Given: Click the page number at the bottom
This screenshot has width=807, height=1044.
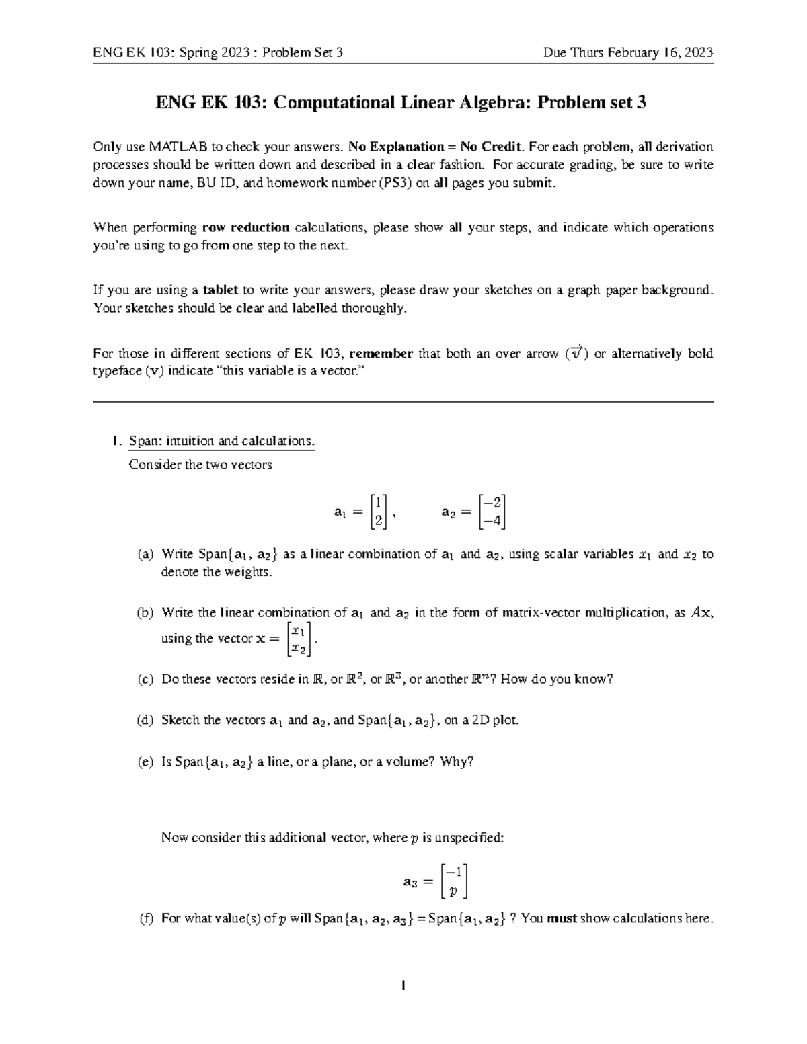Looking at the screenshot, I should click(x=403, y=986).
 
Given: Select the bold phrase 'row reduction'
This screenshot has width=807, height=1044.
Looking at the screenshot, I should click(x=246, y=227).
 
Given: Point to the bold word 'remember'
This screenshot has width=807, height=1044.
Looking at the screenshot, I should click(x=381, y=354).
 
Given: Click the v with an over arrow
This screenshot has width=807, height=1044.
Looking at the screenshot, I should click(x=576, y=353).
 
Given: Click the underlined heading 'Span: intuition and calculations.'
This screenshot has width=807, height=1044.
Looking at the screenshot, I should click(x=221, y=441).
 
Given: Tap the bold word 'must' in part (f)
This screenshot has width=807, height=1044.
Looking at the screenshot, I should click(x=562, y=918).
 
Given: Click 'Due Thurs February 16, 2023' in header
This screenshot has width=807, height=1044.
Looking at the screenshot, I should click(x=628, y=53).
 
